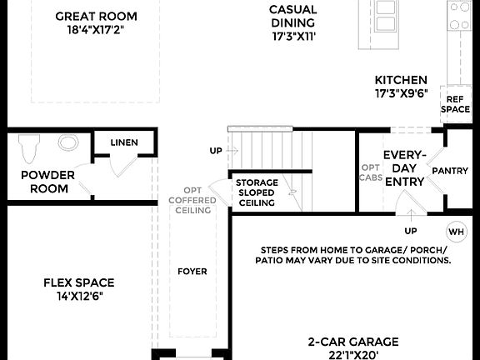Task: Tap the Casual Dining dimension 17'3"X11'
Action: point(293,37)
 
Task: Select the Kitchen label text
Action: point(401,79)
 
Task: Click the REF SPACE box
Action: point(456,103)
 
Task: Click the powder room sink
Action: point(67,142)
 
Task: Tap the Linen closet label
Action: point(124,143)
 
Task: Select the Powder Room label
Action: point(47,182)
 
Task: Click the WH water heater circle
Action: point(457,231)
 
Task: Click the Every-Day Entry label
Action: point(404,168)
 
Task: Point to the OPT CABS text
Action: point(371,172)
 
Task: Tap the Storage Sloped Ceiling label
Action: point(257,192)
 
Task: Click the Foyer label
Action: point(192,272)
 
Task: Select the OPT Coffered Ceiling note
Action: point(192,201)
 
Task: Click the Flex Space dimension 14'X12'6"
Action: point(78,296)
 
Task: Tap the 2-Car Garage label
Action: point(353,342)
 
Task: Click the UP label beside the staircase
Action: point(216,151)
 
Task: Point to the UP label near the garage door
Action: point(410,231)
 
